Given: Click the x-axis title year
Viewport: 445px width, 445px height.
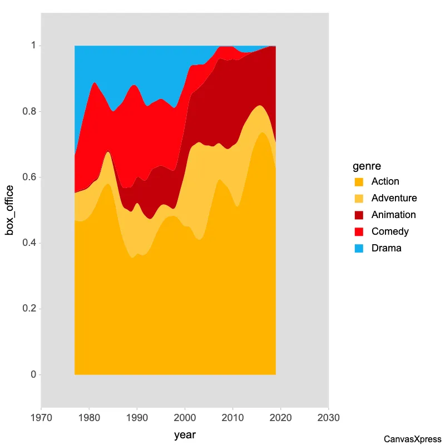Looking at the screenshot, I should click(185, 434).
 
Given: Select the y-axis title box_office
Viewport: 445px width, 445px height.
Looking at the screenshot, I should click(9, 210).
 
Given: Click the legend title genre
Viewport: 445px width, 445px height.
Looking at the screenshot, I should click(367, 166).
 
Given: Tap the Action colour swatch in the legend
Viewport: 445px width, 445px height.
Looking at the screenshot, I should click(359, 182).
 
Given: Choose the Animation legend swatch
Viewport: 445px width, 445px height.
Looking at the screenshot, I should click(359, 215).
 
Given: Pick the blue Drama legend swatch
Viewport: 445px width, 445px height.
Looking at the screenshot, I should click(359, 249).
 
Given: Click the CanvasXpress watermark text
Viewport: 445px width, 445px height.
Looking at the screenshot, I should click(412, 439).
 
